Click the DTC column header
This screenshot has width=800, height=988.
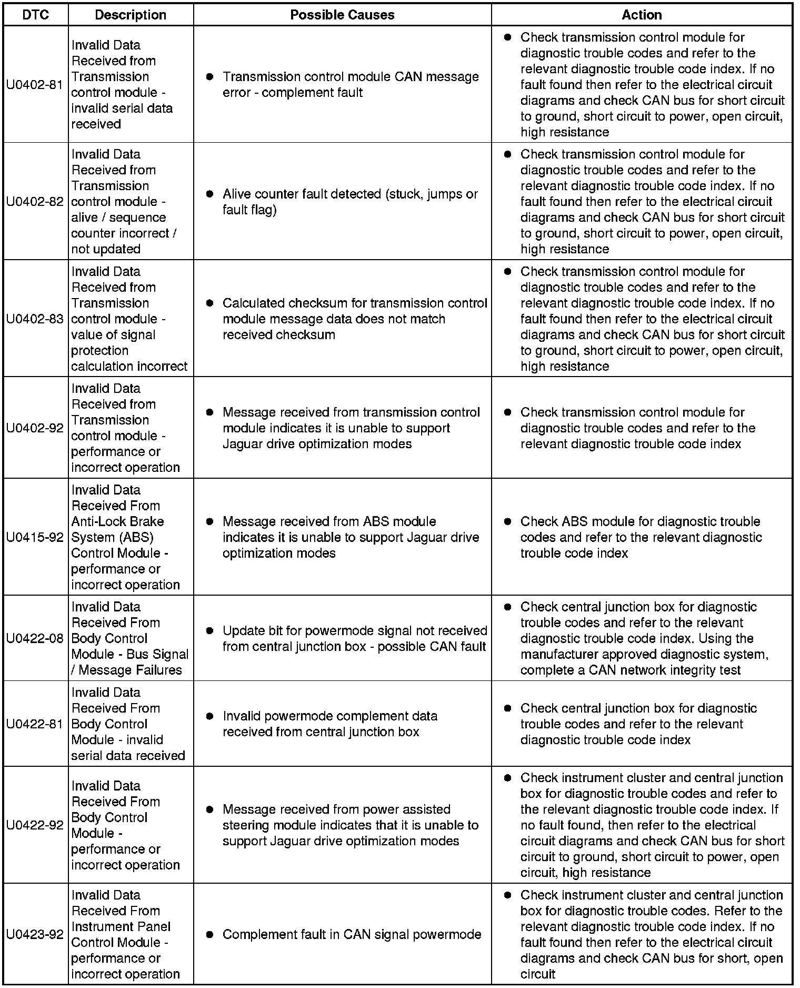click(35, 15)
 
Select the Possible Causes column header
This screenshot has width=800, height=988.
click(342, 15)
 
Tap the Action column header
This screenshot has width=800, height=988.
click(641, 15)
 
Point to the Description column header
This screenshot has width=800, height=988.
click(131, 15)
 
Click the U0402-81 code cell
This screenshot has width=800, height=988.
click(35, 84)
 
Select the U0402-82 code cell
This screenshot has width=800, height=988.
click(35, 201)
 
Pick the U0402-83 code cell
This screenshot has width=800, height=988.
click(35, 319)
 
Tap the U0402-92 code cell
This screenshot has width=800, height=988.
click(35, 428)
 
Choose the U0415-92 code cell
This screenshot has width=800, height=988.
click(35, 537)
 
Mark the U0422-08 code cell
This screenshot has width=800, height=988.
click(35, 638)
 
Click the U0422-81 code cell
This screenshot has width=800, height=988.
click(35, 724)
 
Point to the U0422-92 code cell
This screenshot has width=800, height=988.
click(35, 825)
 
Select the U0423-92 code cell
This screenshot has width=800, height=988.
click(35, 934)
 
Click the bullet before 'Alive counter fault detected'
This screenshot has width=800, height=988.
click(209, 194)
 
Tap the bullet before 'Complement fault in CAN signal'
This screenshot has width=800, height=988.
click(209, 934)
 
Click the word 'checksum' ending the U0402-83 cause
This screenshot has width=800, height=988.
click(305, 335)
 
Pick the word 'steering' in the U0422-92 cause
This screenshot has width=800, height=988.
click(245, 825)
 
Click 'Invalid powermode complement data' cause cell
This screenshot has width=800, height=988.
click(342, 724)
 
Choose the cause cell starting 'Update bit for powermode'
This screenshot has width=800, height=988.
click(342, 638)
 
